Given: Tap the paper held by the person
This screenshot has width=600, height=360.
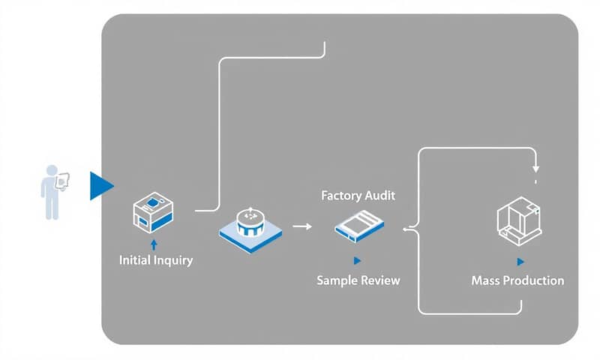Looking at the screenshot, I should (64, 180).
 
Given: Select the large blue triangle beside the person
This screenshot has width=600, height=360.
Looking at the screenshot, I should (100, 186).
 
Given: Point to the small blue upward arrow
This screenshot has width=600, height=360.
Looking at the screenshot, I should (154, 244).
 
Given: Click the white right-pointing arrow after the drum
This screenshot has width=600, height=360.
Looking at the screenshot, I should (302, 225).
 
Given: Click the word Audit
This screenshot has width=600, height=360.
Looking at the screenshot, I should (380, 195).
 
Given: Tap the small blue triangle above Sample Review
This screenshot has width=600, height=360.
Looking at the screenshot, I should (357, 260).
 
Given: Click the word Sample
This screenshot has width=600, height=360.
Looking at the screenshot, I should (338, 280).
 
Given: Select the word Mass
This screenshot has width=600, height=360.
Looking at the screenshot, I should (487, 280).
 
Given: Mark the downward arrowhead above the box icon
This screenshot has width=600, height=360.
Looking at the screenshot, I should (535, 167).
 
